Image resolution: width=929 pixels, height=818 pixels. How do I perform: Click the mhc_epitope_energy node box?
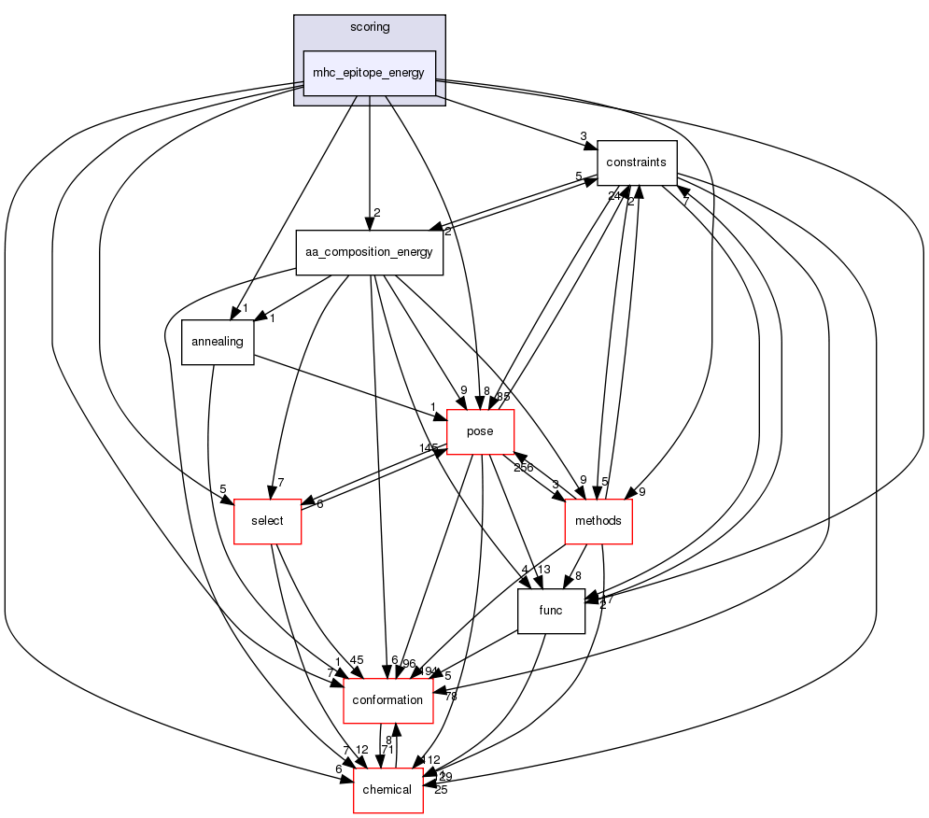[x=369, y=73]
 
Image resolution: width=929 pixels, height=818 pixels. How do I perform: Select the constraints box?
[x=636, y=162]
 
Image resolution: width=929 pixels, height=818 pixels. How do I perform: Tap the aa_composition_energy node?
[x=369, y=252]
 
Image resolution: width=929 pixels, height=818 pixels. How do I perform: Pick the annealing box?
[x=217, y=342]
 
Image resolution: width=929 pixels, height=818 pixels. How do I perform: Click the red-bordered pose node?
[x=481, y=432]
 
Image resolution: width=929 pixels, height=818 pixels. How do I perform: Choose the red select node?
[x=267, y=521]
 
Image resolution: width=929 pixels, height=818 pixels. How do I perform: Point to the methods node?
[x=598, y=521]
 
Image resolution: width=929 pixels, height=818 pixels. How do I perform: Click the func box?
[x=551, y=611]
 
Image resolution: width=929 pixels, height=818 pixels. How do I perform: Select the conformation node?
[x=388, y=700]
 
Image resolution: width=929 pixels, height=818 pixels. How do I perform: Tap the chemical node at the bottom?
[x=387, y=790]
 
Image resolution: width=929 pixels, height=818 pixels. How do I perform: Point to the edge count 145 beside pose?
[x=429, y=449]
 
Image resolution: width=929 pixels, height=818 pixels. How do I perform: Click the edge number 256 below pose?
[x=523, y=467]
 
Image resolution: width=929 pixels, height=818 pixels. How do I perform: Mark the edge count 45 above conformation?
[x=356, y=660]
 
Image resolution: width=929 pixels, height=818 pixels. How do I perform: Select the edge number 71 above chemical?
[x=387, y=750]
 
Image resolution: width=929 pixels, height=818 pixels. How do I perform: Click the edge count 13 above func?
[x=544, y=571]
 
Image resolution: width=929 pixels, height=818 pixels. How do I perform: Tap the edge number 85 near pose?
[x=502, y=396]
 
